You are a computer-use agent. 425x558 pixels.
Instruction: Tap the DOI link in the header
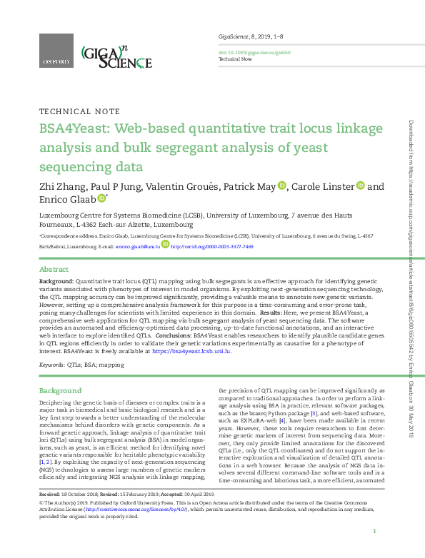(x=245, y=51)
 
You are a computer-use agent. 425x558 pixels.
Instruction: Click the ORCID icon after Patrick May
(x=281, y=186)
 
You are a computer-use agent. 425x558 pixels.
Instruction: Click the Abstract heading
(x=54, y=270)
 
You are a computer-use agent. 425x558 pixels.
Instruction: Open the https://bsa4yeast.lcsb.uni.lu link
(x=191, y=351)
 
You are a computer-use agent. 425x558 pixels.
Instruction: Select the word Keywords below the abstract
(x=52, y=365)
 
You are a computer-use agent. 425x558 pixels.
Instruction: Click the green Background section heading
(x=60, y=391)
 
